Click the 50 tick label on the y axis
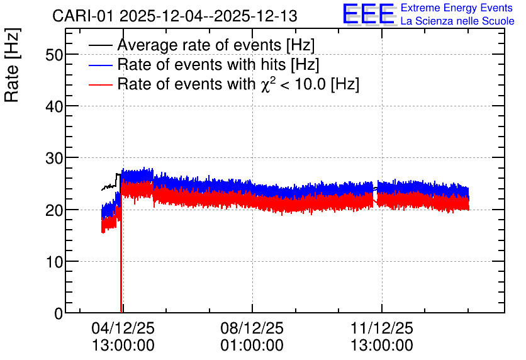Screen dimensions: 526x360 coord(54,55)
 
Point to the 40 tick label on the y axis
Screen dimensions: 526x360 coord(54,107)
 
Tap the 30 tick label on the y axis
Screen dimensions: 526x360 coord(54,159)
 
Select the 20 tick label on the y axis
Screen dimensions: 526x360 coord(54,210)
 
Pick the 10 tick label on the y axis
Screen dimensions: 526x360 coord(54,262)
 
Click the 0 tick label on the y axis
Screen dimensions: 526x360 coord(59,313)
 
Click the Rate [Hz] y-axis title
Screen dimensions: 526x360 coord(12,65)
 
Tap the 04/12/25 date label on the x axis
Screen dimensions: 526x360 coord(123,328)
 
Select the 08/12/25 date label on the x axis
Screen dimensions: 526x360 coord(252,328)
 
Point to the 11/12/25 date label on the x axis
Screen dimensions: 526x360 coord(382,328)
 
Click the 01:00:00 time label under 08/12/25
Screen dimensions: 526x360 coord(252,346)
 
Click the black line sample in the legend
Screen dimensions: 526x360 coord(101,45)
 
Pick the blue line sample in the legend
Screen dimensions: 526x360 coord(101,65)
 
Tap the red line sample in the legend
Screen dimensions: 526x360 coord(101,84)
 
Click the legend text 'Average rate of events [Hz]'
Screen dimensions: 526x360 coord(216,45)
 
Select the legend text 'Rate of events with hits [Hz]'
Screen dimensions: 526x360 coord(218,65)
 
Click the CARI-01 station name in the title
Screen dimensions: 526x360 coord(83,16)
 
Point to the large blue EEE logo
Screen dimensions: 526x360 coord(369,14)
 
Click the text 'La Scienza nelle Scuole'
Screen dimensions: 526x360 coord(457,21)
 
